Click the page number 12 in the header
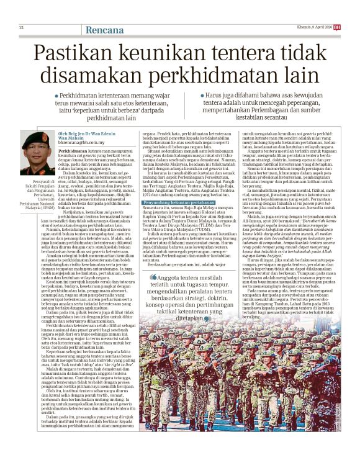(x=20, y=28)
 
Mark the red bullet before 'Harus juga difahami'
(x=200, y=91)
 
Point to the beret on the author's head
(x=37, y=136)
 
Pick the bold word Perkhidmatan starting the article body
(x=73, y=151)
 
